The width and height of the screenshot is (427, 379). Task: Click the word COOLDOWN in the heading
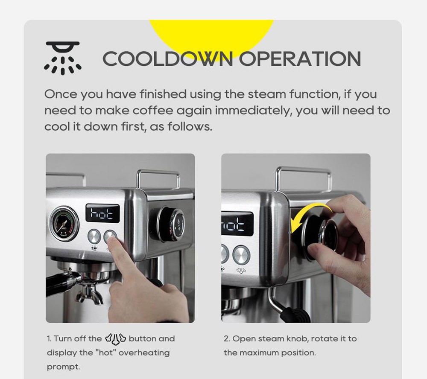point(168,58)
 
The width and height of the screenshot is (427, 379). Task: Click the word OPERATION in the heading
point(300,58)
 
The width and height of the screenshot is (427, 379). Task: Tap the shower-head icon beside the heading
point(63,58)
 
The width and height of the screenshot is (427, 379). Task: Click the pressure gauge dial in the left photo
point(64,224)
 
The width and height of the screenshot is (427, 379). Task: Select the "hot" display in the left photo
point(102,213)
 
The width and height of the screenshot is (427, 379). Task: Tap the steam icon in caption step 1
point(115,339)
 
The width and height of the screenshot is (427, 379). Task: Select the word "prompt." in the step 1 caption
point(64,367)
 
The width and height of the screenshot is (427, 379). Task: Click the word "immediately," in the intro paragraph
point(253,111)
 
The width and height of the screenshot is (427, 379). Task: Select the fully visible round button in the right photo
point(241,255)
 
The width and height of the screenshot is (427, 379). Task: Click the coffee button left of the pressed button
point(94,236)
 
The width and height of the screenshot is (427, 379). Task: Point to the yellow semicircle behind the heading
point(212,35)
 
